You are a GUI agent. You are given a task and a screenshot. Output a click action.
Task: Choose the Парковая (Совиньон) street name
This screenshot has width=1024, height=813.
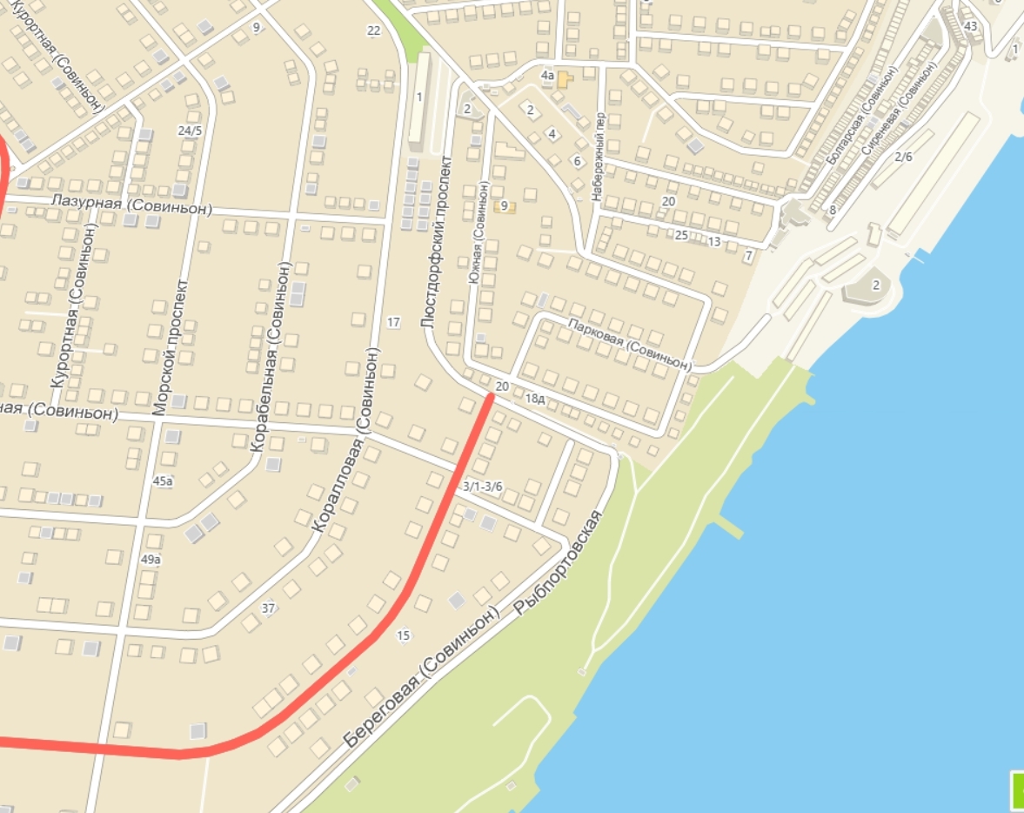coord(630,343)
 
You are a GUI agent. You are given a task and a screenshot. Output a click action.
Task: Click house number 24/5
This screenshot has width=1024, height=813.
coord(189,131)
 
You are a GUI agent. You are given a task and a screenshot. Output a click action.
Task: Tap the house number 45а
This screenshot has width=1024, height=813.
coord(163,480)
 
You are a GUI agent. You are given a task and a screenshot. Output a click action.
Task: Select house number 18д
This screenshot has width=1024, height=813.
coord(535,399)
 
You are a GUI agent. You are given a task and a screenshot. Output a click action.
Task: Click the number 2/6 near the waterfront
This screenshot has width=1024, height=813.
coord(904,157)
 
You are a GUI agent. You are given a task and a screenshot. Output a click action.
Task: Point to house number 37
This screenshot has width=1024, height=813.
coord(268,608)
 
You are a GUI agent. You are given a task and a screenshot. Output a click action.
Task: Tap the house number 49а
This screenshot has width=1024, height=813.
coord(151,559)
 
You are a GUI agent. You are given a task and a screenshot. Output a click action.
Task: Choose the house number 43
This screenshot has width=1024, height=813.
coord(971,26)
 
